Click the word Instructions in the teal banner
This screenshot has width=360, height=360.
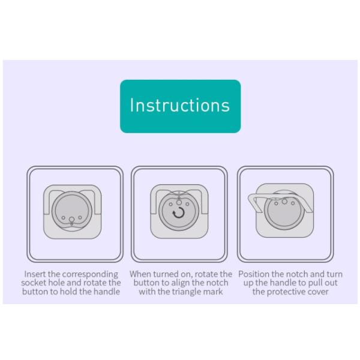coord(180,105)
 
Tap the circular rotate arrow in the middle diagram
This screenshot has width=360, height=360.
coord(179,212)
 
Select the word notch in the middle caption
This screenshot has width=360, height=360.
coord(218,283)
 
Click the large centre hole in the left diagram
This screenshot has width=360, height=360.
coord(71,220)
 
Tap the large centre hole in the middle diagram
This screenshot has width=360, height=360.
coord(179,203)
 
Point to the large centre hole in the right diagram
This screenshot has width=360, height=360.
coord(284,202)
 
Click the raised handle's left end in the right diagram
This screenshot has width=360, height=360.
coord(251,197)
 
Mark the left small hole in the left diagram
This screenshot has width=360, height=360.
coord(63,218)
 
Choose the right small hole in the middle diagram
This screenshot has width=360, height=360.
coord(188,204)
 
